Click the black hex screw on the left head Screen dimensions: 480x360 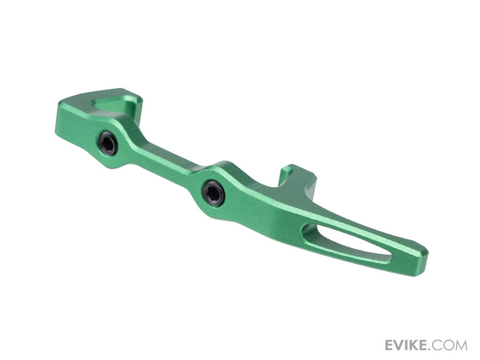[108, 145]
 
